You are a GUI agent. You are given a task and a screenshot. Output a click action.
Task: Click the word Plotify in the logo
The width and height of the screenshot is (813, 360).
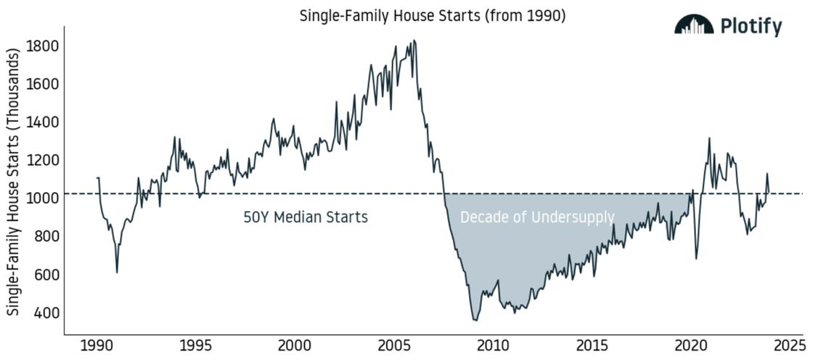coord(751,26)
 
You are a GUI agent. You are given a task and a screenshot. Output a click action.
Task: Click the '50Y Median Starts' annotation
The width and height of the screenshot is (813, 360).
coord(305,217)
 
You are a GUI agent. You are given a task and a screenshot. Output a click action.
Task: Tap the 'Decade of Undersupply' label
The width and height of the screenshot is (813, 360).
coord(537,217)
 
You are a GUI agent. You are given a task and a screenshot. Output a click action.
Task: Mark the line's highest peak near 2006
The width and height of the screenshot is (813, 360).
coord(414,41)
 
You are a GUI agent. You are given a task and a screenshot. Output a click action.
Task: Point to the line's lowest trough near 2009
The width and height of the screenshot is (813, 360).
coord(475,320)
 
